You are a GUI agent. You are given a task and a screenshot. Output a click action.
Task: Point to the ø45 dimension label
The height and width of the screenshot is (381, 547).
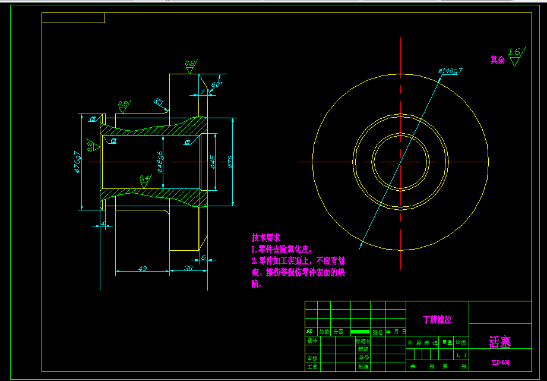[213, 162]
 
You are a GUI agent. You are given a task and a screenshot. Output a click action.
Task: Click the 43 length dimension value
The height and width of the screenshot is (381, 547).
[143, 269]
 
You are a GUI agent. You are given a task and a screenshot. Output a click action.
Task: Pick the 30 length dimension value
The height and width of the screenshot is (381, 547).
[188, 269]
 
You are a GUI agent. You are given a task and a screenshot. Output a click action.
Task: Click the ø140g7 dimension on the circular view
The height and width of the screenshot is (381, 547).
[450, 71]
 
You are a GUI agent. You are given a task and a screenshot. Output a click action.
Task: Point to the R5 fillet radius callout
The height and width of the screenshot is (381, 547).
[159, 102]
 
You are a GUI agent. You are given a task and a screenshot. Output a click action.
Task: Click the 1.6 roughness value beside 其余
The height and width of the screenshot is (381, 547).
[514, 52]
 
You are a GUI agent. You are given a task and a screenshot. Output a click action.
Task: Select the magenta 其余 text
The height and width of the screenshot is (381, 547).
[497, 60]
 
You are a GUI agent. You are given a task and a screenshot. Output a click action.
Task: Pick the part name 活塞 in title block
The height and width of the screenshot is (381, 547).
[499, 342]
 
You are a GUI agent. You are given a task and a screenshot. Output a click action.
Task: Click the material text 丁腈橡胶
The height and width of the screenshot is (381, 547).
[437, 319]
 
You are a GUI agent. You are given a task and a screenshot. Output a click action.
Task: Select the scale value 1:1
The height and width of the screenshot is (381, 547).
[461, 355]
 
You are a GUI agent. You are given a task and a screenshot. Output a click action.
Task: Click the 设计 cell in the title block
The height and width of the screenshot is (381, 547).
[312, 341]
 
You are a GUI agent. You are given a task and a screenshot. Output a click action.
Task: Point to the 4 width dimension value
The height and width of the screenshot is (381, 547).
[103, 223]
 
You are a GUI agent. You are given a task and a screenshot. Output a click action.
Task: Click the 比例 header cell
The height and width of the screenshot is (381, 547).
[461, 342]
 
